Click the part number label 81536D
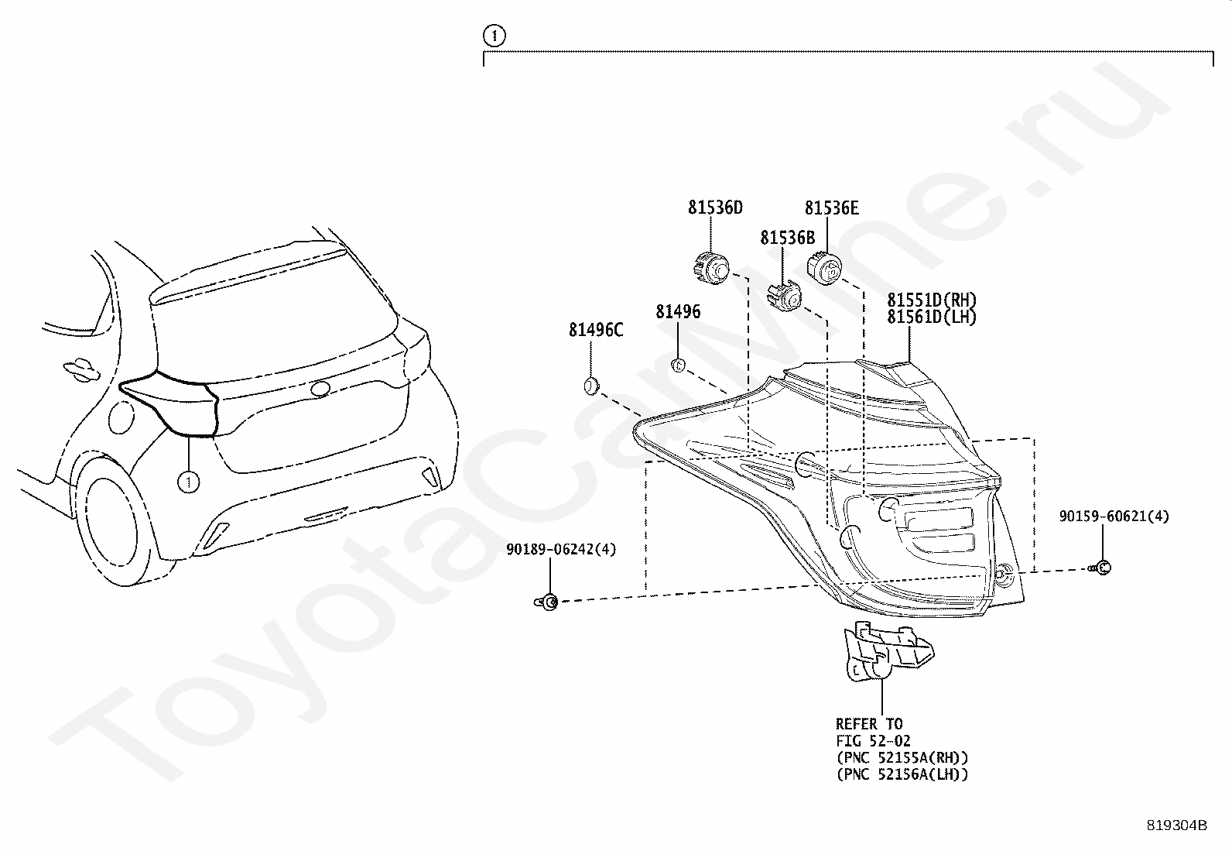[714, 208]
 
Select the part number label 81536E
[831, 208]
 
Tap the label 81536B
[786, 238]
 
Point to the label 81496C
[595, 330]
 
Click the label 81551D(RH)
[931, 300]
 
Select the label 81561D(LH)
[931, 317]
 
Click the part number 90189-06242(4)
[561, 549]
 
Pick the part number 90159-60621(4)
[1114, 516]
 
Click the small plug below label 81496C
[591, 384]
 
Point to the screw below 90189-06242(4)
[548, 602]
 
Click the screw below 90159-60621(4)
[1102, 568]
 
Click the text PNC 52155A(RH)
[902, 757]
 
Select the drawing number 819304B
[1176, 825]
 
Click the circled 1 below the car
[187, 482]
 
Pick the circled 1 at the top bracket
[493, 35]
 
